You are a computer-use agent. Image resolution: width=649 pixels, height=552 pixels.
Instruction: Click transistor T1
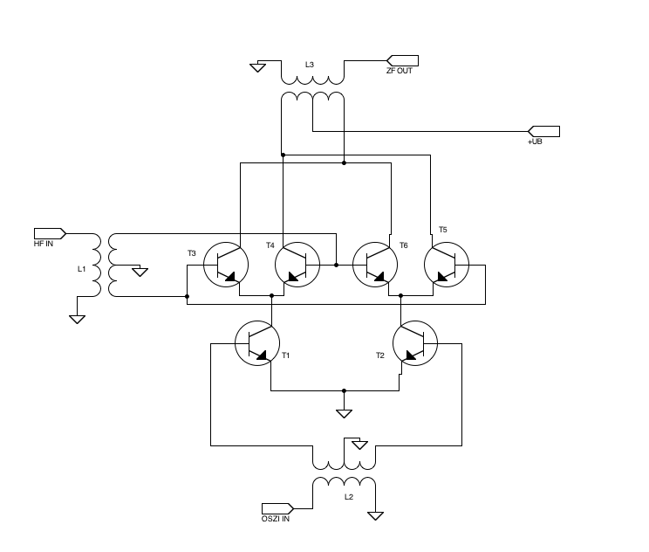tap(257, 343)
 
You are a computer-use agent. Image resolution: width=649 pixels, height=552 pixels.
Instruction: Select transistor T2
tap(415, 343)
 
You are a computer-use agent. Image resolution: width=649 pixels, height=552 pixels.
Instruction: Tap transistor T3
tap(225, 264)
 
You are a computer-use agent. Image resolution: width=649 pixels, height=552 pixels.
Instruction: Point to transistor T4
tap(297, 264)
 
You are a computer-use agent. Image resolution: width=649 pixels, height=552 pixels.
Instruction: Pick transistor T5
tap(447, 264)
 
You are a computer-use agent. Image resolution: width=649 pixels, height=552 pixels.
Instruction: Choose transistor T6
tap(374, 264)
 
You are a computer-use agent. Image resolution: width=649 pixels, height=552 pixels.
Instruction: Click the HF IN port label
tap(44, 244)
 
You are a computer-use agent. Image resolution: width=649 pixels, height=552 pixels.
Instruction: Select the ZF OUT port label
tap(400, 71)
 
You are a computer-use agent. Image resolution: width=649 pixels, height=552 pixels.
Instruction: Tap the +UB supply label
tap(535, 141)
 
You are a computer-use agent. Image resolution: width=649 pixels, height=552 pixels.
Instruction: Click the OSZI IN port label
tap(276, 519)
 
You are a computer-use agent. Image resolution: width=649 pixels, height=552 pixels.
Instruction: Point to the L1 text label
tap(81, 269)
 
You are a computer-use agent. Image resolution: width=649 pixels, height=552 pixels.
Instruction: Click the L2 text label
tap(348, 497)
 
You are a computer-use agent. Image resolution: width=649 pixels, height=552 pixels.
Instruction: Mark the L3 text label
tap(310, 65)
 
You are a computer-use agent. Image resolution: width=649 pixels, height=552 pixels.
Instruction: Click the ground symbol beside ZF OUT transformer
tap(257, 66)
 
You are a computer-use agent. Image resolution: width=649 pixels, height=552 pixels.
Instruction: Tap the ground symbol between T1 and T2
tap(345, 412)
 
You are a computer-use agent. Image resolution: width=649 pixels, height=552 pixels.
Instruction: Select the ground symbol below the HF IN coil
tap(77, 319)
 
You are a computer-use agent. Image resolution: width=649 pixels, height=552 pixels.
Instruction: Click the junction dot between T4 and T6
tap(336, 264)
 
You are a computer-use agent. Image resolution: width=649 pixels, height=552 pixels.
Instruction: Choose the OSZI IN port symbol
tap(277, 507)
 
